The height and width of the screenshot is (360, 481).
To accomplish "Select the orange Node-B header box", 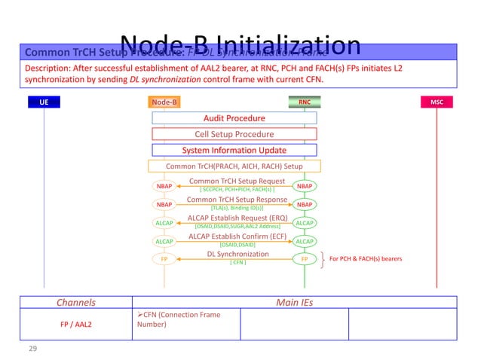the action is pos(164,102).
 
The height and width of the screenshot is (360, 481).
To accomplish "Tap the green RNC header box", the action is pos(305,102).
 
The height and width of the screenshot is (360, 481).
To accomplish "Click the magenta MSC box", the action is pos(437,102).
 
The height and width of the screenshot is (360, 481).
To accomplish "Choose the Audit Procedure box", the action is pos(234,118).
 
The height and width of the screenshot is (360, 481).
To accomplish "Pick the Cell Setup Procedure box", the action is pos(234,134).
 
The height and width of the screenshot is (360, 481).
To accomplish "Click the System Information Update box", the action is pos(234,150).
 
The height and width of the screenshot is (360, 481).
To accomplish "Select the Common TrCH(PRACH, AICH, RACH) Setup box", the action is pos(234,166).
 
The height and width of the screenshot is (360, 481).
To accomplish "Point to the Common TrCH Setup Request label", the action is pos(237,182).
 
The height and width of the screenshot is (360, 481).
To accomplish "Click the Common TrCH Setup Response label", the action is pos(237,200).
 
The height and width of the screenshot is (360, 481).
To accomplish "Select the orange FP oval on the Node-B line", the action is pos(164,259).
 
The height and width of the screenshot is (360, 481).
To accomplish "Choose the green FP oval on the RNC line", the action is pos(305,259).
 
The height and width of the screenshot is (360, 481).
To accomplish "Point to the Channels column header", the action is pos(75,303).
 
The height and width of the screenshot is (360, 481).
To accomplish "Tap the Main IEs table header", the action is pos(295,303).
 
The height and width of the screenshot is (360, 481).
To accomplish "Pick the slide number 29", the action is pos(32,349).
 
